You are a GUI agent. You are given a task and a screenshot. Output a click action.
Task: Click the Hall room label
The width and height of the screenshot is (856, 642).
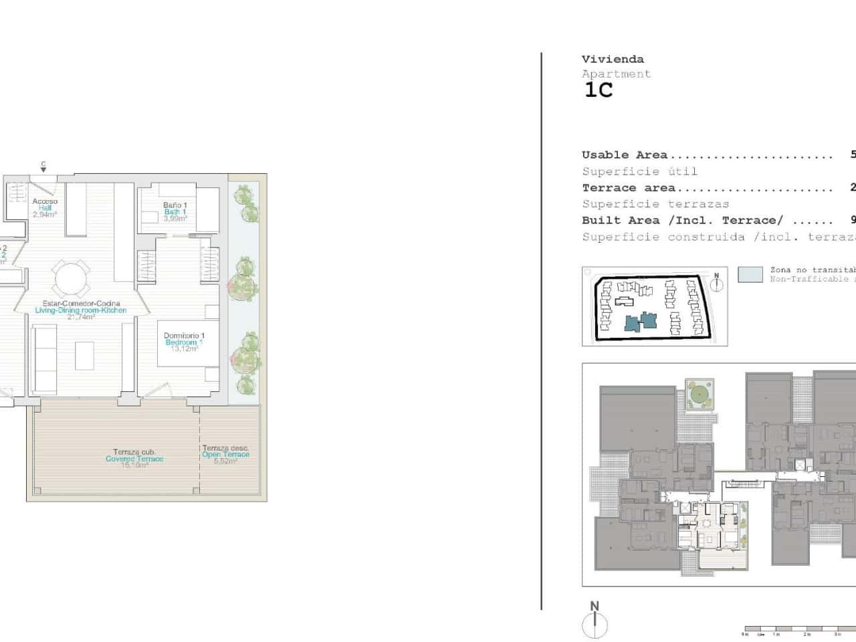tap(45, 208)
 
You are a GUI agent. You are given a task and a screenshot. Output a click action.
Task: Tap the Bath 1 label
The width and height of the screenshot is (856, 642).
tap(175, 211)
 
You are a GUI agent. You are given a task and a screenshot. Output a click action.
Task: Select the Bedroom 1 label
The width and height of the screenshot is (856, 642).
tap(184, 342)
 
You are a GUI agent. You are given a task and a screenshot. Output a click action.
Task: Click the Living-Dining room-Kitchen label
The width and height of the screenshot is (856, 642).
tap(80, 310)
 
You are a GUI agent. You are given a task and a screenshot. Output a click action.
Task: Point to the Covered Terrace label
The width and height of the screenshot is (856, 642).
tap(134, 459)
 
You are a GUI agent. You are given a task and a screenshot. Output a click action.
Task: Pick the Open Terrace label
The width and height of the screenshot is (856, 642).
tap(225, 455)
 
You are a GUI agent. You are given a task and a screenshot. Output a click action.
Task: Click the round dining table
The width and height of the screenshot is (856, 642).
tap(71, 279)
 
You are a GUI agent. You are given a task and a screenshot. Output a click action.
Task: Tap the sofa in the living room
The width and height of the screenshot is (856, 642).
tap(44, 359)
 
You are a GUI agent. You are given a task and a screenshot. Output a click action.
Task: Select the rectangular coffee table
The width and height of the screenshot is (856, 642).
tap(84, 355)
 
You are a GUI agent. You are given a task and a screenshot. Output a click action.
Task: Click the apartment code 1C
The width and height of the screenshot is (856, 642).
tap(599, 90)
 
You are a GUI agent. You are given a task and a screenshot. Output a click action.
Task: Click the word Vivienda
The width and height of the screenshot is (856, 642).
tap(613, 60)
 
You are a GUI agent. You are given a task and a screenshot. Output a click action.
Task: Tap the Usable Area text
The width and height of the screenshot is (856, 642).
tap(625, 155)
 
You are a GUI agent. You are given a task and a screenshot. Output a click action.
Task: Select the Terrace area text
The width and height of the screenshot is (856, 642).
tap(629, 188)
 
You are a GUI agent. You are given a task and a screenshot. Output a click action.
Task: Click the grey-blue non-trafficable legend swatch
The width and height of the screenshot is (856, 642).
tap(750, 274)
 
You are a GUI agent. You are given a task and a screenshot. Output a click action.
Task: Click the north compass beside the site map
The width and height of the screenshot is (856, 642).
tap(716, 283)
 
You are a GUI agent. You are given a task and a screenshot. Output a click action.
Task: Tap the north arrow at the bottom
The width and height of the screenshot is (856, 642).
tap(595, 622)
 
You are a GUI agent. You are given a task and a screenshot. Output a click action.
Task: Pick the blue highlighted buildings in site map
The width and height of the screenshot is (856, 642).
tap(640, 322)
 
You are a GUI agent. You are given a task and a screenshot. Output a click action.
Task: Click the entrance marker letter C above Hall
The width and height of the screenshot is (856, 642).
tap(43, 164)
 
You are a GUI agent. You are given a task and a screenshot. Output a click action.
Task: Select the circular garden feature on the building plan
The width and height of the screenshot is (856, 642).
tap(700, 393)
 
